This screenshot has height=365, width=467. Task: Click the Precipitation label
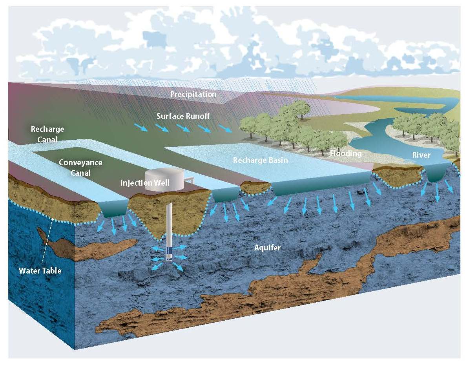[193, 95]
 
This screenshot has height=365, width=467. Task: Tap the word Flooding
[345, 153]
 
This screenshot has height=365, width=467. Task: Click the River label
[421, 155]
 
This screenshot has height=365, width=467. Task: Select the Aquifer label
[267, 248]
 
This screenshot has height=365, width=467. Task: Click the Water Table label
[40, 270]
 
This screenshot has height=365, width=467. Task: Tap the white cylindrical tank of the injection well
[164, 180]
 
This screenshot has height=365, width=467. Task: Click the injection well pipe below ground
[170, 224]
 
